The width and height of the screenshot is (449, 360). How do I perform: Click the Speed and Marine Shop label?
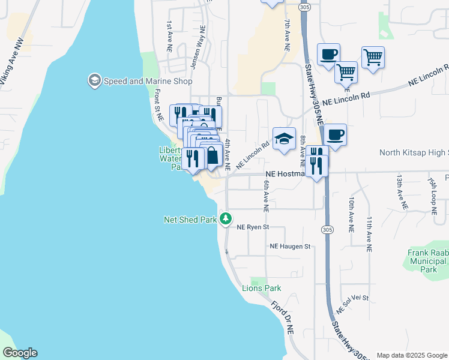[x=148, y=81]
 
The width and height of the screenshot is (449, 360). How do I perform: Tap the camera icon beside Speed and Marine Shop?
[x=94, y=80]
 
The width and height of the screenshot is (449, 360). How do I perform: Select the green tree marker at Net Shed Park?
[x=225, y=219]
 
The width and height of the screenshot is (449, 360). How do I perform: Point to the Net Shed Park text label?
[x=190, y=220]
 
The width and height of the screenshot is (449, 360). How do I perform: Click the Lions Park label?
[x=261, y=288]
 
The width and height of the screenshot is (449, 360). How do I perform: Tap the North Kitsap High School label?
[x=414, y=153]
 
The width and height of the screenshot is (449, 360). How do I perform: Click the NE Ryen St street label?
[x=254, y=227]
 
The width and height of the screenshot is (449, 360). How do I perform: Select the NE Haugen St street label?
[x=289, y=247]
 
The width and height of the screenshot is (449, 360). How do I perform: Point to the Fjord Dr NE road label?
[x=282, y=317]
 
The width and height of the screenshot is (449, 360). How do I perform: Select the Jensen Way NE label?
[x=199, y=46]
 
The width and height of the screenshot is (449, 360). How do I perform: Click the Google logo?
[x=20, y=353]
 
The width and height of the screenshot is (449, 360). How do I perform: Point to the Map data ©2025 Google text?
[x=411, y=355]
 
